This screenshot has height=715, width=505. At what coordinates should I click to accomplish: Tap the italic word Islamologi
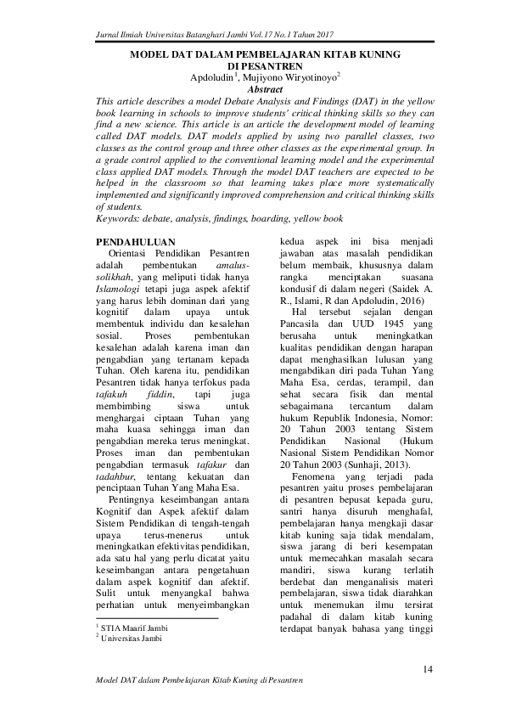pyautogui.click(x=123, y=299)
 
